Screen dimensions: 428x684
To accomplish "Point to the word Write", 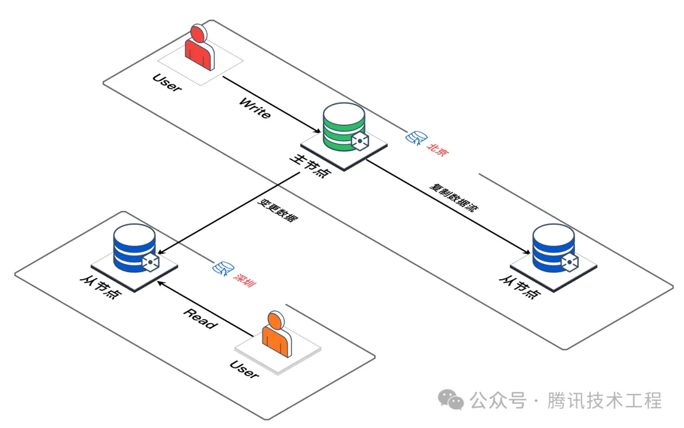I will coord(255,108).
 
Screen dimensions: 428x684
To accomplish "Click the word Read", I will coord(200,318).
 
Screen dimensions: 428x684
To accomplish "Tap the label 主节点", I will coord(310,166).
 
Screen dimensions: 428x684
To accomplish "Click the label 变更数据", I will coord(277,210).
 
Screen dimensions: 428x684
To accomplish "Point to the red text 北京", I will coord(440,148).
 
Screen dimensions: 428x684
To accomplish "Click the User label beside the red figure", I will coord(167,83).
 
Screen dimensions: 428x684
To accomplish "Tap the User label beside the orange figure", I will coord(244,369).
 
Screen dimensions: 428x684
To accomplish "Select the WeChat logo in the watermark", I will coord(452,400).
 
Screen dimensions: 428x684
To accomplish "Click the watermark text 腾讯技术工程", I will coord(605,400).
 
